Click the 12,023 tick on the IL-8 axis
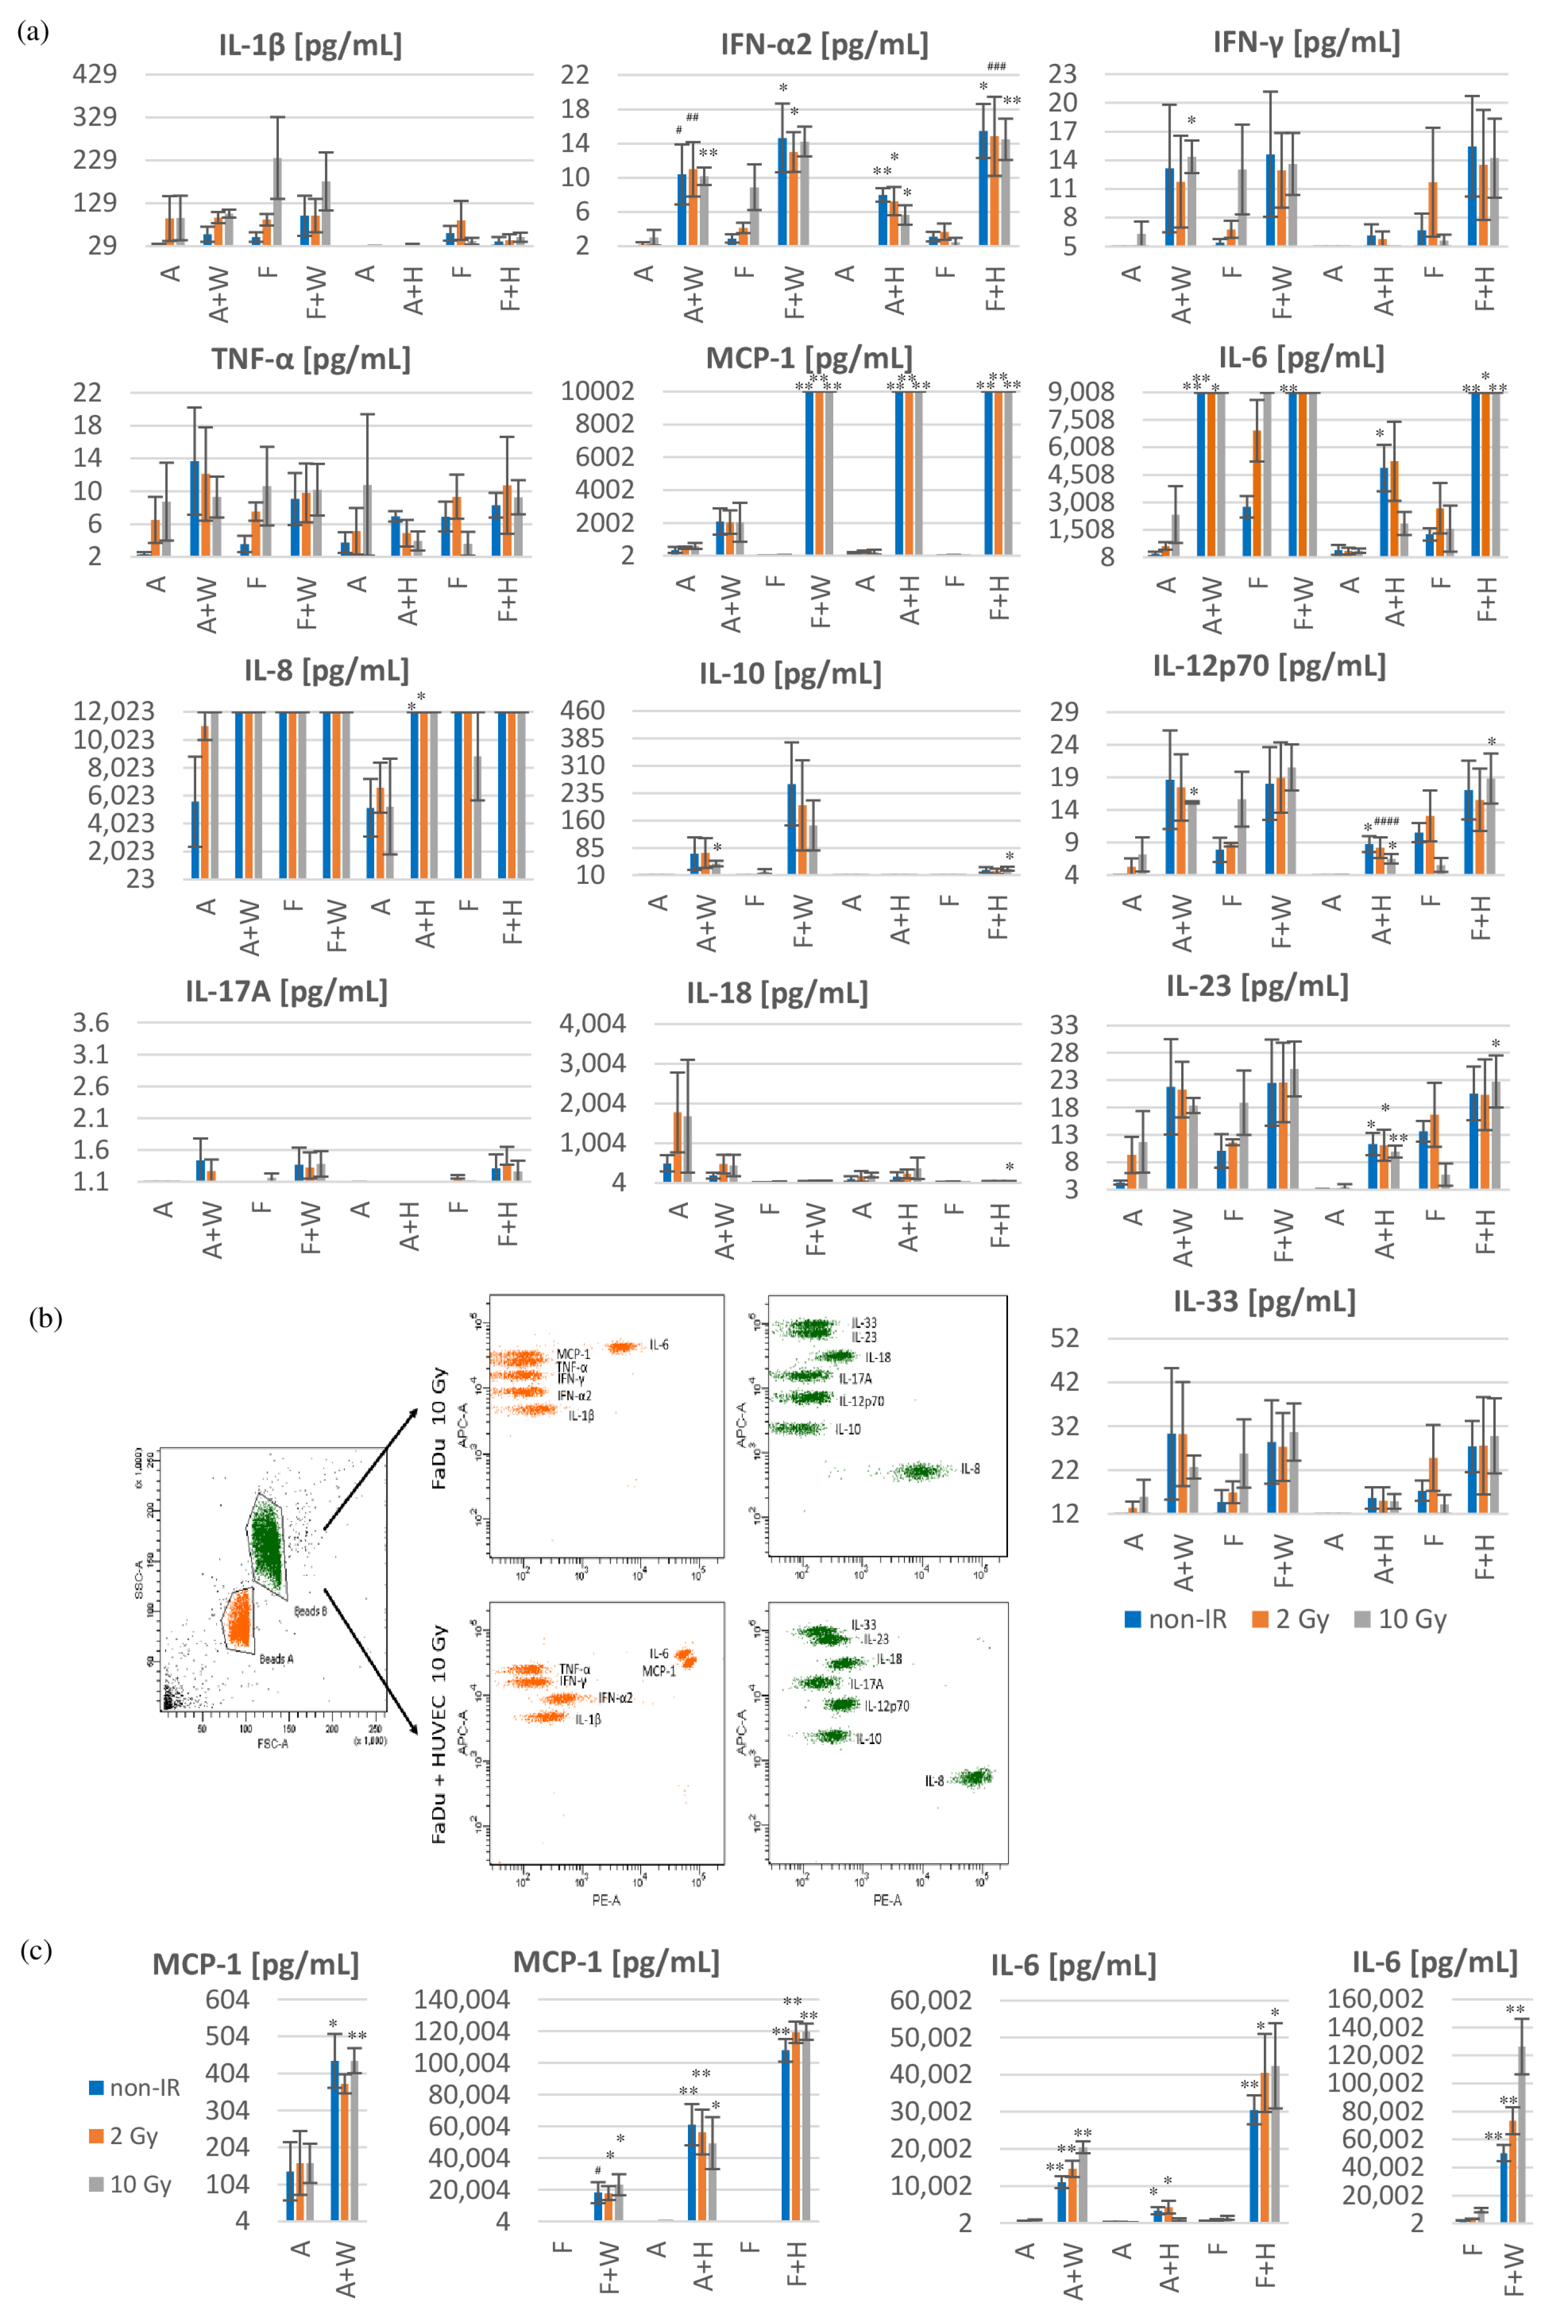(x=113, y=711)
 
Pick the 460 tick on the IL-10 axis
(x=582, y=711)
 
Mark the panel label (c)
(x=36, y=1951)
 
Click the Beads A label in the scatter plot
(x=276, y=1659)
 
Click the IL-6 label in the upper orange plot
(x=659, y=1344)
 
